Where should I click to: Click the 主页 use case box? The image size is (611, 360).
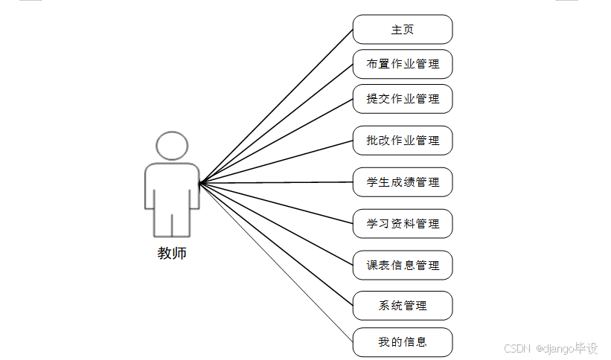pos(403,30)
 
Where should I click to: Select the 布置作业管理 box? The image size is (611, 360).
pos(403,64)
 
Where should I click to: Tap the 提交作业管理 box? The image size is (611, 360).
pos(403,99)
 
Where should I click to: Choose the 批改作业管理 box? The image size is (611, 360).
pos(403,141)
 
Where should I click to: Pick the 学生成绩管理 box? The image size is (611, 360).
pos(403,182)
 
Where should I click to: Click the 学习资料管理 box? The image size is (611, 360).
pos(403,224)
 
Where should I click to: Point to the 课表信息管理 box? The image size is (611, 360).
pos(403,266)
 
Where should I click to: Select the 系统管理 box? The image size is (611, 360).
pos(403,306)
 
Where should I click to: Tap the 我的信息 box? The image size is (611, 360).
pos(403,342)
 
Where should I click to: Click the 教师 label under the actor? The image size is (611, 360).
pos(172,254)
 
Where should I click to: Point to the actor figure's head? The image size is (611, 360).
pos(172,146)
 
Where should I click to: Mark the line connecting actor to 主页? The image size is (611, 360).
pos(276,106)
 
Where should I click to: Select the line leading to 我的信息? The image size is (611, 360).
pos(276,262)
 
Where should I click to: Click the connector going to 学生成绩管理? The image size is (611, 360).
pos(276,182)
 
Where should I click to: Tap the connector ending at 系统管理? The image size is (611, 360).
pos(276,243)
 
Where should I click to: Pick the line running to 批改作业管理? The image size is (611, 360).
pos(276,161)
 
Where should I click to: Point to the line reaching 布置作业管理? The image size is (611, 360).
pos(276,123)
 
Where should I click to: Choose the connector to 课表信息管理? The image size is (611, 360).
pos(276,223)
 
